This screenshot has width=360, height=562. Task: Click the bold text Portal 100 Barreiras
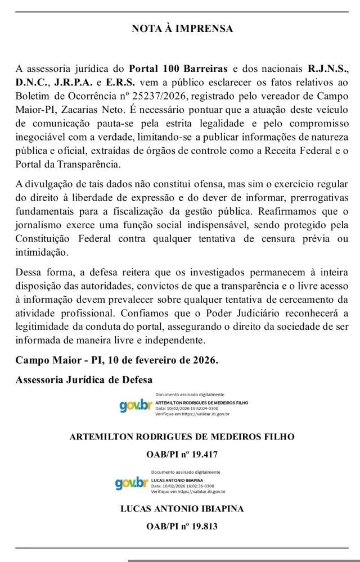pos(178,69)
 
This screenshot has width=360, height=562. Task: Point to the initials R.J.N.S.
pos(327,69)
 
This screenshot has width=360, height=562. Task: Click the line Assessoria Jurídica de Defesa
pos(84,379)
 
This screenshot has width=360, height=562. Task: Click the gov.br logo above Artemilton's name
pos(135,405)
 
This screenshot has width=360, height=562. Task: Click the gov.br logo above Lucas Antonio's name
pos(130,483)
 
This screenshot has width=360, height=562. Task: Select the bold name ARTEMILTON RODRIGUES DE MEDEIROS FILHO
pos(182,437)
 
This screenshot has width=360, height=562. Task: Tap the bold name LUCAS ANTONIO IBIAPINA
pos(182,509)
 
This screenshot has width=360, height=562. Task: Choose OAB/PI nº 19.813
pos(182,527)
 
